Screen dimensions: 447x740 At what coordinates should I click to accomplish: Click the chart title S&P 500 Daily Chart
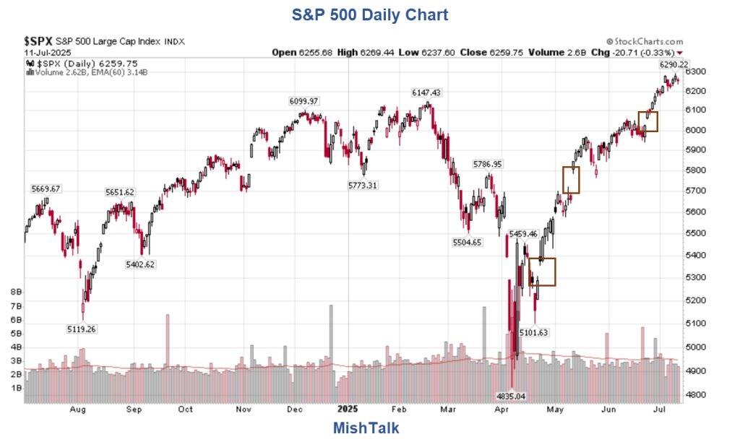tap(369, 14)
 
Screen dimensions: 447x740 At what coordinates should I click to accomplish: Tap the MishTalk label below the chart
tap(366, 428)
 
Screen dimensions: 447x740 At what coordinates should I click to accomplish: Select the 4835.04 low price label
tap(510, 396)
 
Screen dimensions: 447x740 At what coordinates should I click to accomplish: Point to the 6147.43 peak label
tap(426, 93)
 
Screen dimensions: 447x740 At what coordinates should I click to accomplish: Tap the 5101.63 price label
tap(534, 332)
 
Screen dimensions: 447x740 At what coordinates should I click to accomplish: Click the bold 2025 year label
tap(344, 409)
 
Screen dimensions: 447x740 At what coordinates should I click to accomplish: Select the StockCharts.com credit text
tap(645, 42)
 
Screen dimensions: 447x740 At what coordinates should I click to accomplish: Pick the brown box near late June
tap(648, 121)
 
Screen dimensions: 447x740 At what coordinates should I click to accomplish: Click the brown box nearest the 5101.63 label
tap(542, 272)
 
